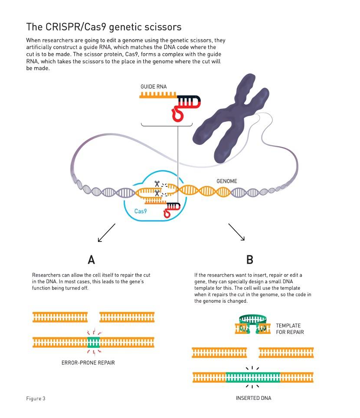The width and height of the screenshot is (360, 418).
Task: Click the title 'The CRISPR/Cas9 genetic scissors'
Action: [x=104, y=27]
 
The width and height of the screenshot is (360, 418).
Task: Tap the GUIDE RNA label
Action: [x=154, y=87]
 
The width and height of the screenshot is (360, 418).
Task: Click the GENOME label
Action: [x=227, y=181]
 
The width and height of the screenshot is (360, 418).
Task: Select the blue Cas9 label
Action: [x=141, y=211]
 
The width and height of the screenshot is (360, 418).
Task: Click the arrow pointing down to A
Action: [x=106, y=233]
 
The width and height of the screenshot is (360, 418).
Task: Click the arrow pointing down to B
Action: [x=236, y=232]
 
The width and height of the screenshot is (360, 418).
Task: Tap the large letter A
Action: [x=91, y=260]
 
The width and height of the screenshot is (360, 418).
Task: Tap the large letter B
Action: [x=249, y=260]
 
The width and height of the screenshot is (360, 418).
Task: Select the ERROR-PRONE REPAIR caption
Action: [x=88, y=363]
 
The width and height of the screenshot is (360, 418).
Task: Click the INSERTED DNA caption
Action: [x=253, y=398]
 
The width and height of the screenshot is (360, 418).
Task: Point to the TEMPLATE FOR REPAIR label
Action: [x=290, y=329]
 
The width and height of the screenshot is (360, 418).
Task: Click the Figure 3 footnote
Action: [x=36, y=398]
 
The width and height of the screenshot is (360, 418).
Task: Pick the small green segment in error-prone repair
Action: [x=94, y=343]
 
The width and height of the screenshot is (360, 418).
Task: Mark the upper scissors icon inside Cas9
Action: [x=157, y=184]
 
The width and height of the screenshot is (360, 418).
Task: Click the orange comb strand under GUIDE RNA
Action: [x=158, y=95]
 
